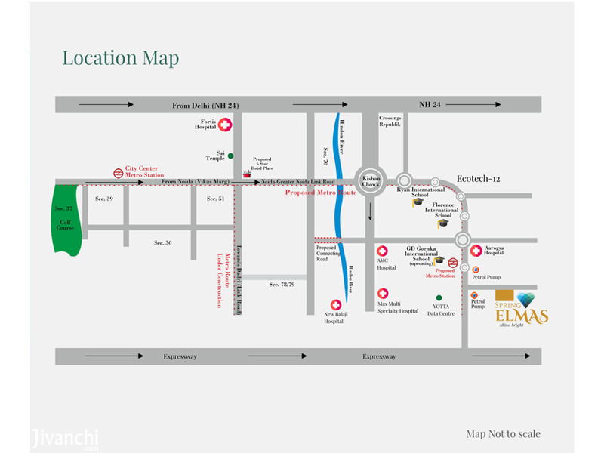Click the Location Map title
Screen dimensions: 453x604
121,58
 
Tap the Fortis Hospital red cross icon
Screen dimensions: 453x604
225,128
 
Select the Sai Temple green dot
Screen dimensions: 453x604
231,156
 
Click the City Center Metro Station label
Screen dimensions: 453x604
144,171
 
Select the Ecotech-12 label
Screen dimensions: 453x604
479,178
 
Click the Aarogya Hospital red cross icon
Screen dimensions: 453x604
476,251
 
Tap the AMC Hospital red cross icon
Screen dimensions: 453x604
382,251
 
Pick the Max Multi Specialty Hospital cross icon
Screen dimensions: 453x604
383,293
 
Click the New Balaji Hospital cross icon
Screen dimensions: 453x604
337,304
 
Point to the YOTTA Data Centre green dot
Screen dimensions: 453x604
438,297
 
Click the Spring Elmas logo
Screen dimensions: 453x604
522,307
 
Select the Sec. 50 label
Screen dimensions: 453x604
163,242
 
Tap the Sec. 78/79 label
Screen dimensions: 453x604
283,285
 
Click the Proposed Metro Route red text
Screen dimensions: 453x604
321,193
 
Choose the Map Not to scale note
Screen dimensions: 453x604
503,433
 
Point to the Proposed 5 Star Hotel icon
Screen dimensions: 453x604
246,174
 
